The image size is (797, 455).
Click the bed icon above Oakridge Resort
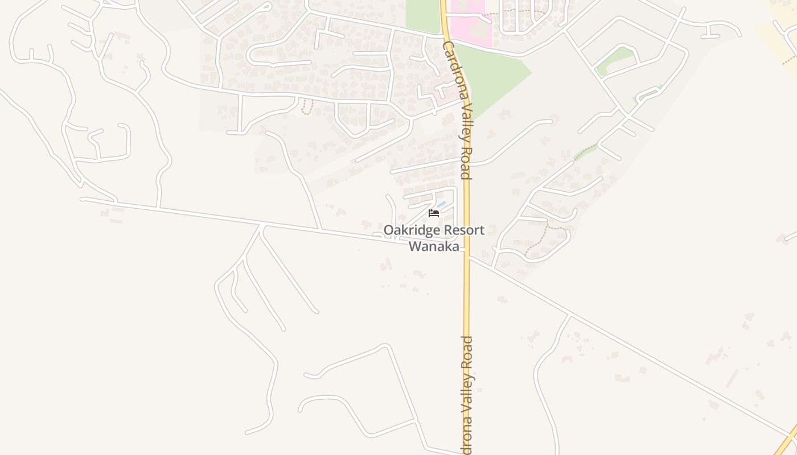(434, 213)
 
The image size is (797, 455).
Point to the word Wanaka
(434, 247)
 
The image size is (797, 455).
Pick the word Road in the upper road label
(465, 166)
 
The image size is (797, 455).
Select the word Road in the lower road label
(467, 353)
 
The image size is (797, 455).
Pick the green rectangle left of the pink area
(422, 15)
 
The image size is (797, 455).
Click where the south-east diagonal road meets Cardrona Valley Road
(468, 257)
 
